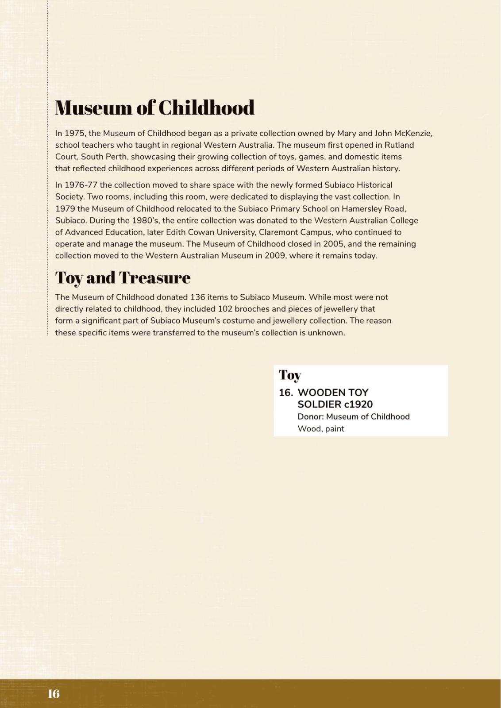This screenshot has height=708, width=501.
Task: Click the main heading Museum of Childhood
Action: click(154, 108)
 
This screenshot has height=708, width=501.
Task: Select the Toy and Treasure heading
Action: click(123, 277)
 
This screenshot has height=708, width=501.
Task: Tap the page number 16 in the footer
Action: click(54, 693)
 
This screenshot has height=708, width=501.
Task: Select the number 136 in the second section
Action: click(197, 297)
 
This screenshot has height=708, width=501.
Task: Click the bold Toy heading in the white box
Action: click(290, 375)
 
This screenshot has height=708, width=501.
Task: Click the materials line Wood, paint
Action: click(321, 428)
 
